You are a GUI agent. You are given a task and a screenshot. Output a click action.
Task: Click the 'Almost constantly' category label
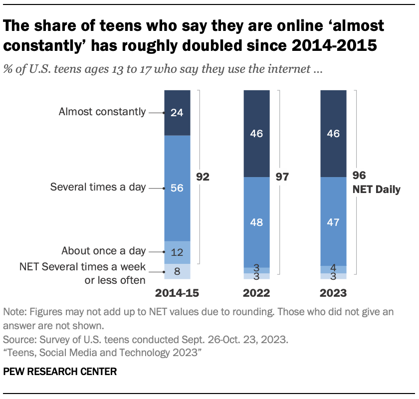click(x=102, y=112)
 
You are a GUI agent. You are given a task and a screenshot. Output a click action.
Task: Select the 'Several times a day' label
click(x=98, y=188)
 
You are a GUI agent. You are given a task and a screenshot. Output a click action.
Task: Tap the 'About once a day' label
click(x=104, y=251)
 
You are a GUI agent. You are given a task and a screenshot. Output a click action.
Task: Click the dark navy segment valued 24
click(x=177, y=113)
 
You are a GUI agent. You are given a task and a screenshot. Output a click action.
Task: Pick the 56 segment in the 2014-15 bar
click(x=177, y=188)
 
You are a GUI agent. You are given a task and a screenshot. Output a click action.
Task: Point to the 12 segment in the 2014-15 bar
click(x=177, y=252)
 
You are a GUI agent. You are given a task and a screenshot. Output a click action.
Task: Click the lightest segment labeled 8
click(x=177, y=271)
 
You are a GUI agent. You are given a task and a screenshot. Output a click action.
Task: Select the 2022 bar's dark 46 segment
click(x=256, y=134)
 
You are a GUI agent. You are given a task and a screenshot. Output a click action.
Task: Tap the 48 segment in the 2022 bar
click(x=256, y=222)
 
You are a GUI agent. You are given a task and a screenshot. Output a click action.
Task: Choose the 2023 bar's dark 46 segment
click(x=333, y=134)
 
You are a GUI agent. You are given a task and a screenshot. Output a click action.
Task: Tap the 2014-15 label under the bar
click(x=177, y=293)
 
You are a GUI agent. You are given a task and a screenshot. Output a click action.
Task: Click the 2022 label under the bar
click(x=256, y=293)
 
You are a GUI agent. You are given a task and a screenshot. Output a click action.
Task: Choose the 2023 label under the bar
click(x=333, y=293)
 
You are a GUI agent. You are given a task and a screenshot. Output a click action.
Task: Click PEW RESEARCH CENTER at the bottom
click(x=60, y=372)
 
